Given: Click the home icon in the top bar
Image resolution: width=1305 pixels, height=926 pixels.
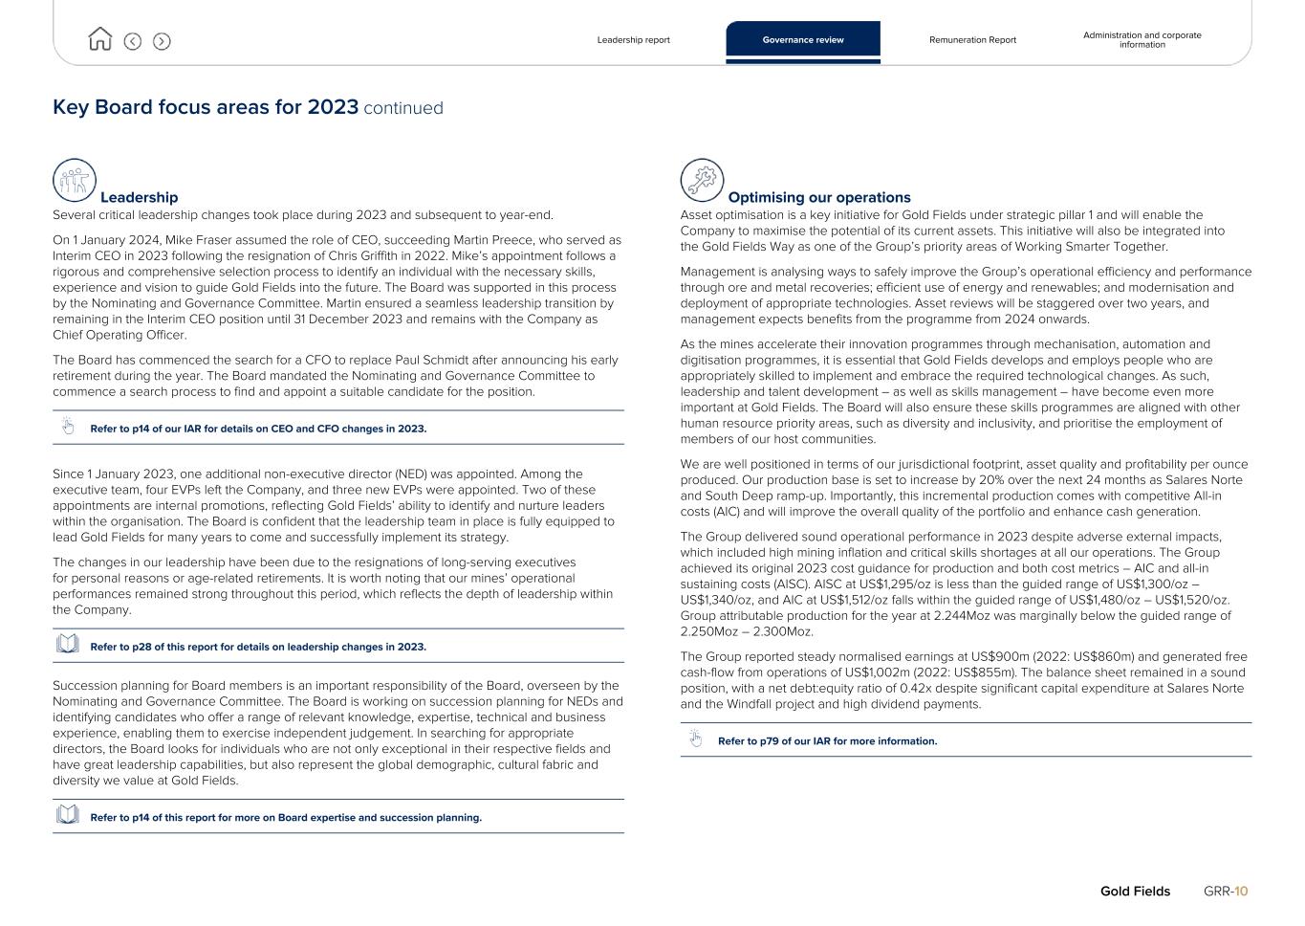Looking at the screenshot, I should pyautogui.click(x=99, y=39).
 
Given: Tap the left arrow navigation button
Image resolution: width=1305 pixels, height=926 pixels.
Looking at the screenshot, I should pyautogui.click(x=133, y=41).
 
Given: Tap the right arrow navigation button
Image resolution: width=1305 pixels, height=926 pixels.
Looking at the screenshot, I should pyautogui.click(x=162, y=41).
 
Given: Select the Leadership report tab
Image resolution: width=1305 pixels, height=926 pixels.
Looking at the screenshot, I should pyautogui.click(x=633, y=40).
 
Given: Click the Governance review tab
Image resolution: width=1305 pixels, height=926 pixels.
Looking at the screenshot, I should pyautogui.click(x=803, y=40).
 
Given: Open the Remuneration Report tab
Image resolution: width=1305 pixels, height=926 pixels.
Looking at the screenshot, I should pyautogui.click(x=972, y=40).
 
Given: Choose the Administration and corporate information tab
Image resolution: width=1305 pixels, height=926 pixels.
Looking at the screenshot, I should pyautogui.click(x=1142, y=40).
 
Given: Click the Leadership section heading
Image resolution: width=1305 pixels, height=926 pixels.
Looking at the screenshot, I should pyautogui.click(x=139, y=197).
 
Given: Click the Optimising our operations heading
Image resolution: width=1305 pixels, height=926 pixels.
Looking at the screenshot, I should pyautogui.click(x=819, y=197).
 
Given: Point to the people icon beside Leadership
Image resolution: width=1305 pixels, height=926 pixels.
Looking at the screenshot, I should pyautogui.click(x=75, y=180).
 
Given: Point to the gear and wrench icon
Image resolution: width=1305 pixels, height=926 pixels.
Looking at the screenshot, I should pyautogui.click(x=702, y=180).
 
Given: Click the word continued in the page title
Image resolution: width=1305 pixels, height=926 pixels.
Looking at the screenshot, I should pyautogui.click(x=403, y=108).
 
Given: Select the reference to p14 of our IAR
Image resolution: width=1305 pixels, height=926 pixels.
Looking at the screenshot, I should pyautogui.click(x=258, y=429).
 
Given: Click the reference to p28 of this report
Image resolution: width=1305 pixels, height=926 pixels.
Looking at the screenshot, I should pyautogui.click(x=258, y=647).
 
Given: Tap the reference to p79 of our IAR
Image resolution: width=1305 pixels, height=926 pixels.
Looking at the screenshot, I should pyautogui.click(x=827, y=741).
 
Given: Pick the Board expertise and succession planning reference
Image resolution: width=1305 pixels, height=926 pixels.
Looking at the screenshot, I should pyautogui.click(x=286, y=818).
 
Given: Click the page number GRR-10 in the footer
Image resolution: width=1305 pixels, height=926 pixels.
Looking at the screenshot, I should pyautogui.click(x=1226, y=892).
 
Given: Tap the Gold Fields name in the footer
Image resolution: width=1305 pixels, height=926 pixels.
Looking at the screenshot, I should pyautogui.click(x=1135, y=892).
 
